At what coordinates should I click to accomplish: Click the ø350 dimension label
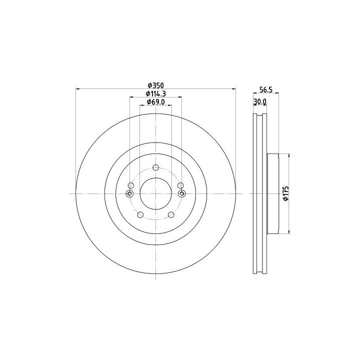pyautogui.click(x=155, y=85)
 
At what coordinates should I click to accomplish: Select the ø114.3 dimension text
pyautogui.click(x=155, y=93)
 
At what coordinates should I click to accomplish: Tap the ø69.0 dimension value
pyautogui.click(x=155, y=102)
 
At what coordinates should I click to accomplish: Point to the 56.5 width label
pyautogui.click(x=266, y=90)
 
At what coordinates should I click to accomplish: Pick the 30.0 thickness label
pyautogui.click(x=259, y=101)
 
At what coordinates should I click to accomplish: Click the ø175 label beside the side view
pyautogui.click(x=285, y=193)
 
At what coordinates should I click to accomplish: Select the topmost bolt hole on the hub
pyautogui.click(x=155, y=167)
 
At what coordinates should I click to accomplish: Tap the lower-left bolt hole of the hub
pyautogui.click(x=140, y=215)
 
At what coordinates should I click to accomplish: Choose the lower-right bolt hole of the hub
pyautogui.click(x=171, y=215)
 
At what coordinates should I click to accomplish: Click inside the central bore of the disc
pyautogui.click(x=155, y=193)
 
